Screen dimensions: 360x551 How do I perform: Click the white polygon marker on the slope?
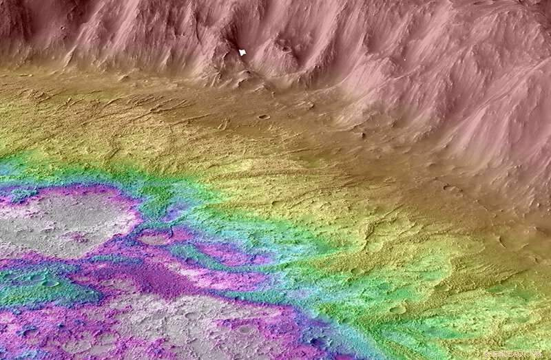[242, 52]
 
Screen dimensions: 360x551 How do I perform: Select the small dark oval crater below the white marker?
[263, 116]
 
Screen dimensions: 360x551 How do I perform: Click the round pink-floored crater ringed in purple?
[156, 237]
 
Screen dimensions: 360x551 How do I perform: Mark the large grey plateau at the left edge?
[62, 220]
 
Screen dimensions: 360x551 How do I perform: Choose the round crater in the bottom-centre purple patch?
[244, 329]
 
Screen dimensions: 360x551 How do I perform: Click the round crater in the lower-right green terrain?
[397, 309]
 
